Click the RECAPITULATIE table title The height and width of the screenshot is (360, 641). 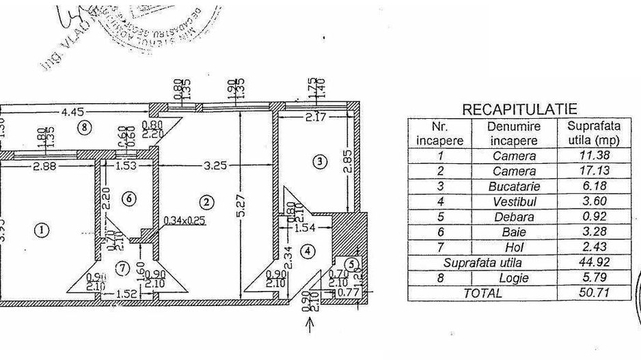tap(519, 109)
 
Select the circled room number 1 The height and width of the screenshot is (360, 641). tap(42, 230)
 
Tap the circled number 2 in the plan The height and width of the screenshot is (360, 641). tap(207, 202)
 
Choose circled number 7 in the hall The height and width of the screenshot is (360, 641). tap(122, 268)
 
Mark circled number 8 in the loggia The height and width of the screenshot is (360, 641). tap(84, 126)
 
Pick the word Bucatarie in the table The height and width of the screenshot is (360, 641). tap(514, 186)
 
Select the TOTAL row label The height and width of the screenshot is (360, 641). tap(483, 293)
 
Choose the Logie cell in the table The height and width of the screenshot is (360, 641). tap(514, 278)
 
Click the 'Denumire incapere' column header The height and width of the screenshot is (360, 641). tap(514, 133)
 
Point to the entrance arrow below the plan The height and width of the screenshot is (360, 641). tap(311, 326)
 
